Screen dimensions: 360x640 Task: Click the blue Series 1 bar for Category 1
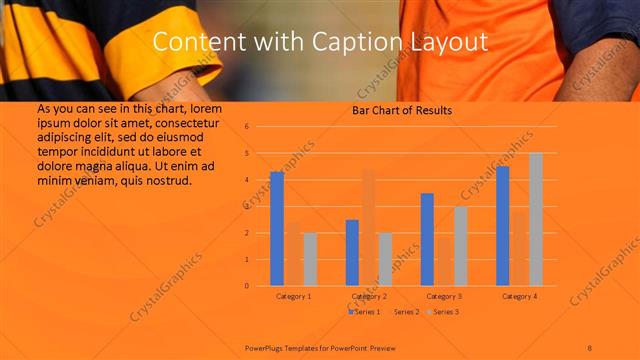coord(277,229)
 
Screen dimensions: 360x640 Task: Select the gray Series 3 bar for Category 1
coord(310,259)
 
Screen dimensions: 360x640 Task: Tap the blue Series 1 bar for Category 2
coord(352,253)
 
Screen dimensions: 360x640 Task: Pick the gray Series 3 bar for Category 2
coord(385,259)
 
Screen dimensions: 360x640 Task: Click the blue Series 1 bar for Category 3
coord(427,240)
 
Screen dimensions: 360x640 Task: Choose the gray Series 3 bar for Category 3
coord(460,246)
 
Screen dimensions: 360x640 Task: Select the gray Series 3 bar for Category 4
coord(535,219)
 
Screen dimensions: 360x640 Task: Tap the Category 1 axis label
coord(293,297)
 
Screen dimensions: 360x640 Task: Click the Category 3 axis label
coord(444,297)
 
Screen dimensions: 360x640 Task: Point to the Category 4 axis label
coord(519,297)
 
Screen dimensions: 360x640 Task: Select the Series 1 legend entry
coord(366,312)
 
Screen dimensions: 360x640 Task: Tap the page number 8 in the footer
coord(590,347)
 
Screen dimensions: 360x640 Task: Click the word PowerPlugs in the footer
coord(266,347)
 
